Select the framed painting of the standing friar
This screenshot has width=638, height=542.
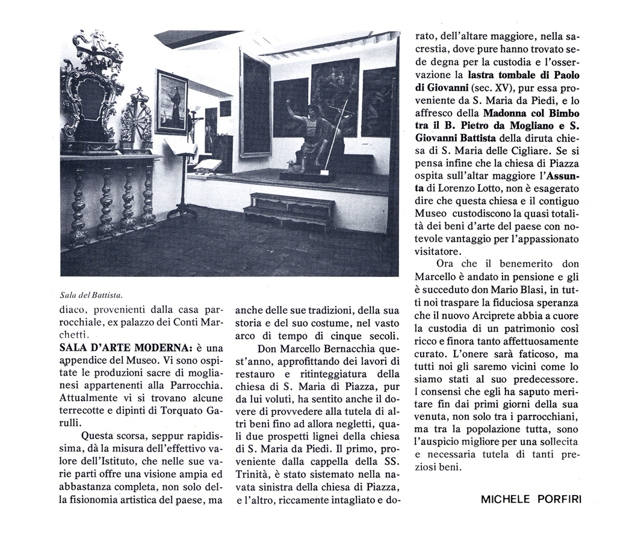click(172, 102)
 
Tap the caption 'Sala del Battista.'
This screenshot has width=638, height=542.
click(91, 294)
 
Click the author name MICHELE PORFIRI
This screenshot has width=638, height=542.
click(531, 499)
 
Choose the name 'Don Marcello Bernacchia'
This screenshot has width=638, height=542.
click(314, 349)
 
